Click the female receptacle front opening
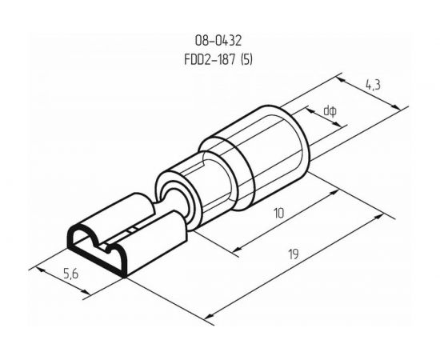click(x=96, y=248)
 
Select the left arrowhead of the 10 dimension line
click(x=237, y=250)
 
